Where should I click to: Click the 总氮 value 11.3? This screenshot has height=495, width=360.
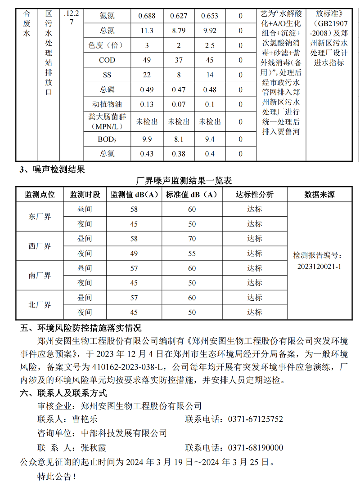147,31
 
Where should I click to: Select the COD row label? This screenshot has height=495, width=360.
107,60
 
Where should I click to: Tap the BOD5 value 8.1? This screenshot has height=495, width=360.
179,139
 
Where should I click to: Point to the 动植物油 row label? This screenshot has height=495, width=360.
107,104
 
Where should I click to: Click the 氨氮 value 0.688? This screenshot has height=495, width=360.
147,16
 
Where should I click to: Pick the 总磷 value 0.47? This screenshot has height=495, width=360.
179,89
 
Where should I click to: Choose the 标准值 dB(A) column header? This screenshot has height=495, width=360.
192,195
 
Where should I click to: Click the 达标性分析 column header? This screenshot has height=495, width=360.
255,195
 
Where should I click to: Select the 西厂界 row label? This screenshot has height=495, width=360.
40,246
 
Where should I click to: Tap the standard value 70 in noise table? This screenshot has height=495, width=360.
192,238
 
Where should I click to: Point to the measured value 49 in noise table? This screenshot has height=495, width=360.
134,254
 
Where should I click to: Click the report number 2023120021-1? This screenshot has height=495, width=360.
319,266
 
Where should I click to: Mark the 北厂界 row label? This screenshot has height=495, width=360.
40,305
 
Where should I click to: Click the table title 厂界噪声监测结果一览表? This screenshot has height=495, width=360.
184,181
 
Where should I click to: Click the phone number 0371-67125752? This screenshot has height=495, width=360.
256,419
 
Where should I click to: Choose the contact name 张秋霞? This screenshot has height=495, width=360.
94,448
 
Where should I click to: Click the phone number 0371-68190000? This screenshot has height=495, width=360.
256,448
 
